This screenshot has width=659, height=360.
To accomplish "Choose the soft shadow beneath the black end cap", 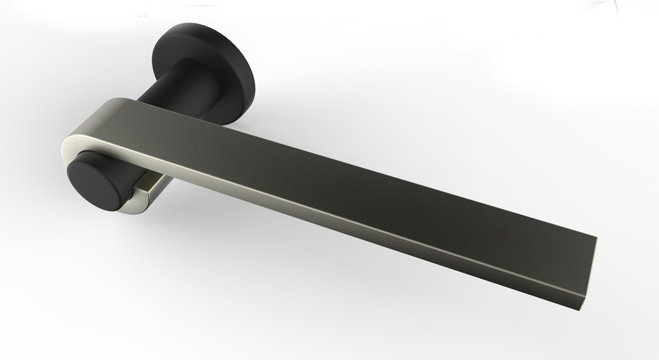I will click(x=122, y=223).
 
